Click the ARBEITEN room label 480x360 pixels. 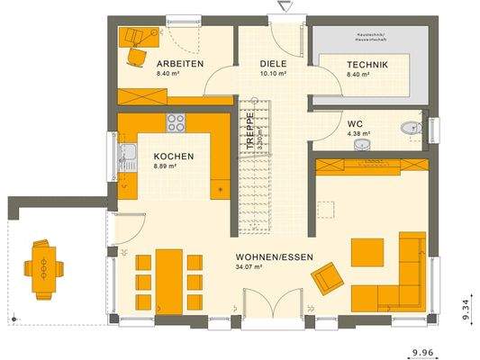tap(179, 64)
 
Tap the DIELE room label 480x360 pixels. tap(273, 64)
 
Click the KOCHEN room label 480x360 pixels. tap(173, 156)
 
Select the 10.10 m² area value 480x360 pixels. tap(273, 74)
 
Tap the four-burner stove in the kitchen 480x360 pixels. tap(177, 123)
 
